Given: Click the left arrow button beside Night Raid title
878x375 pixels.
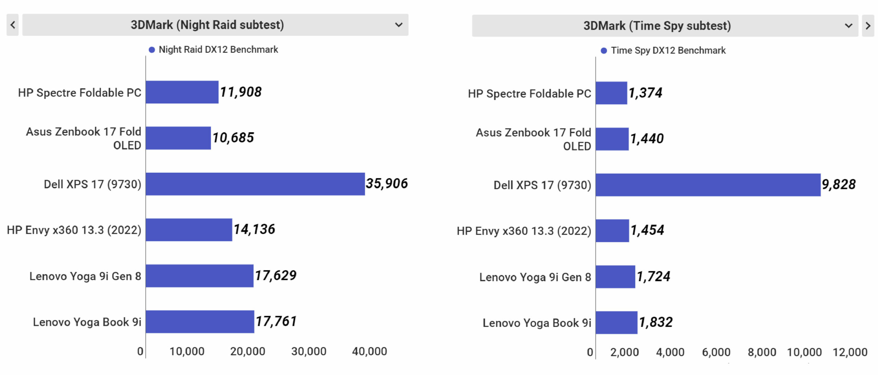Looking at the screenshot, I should point(13,25).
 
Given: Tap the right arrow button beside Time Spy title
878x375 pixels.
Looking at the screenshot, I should point(868,26).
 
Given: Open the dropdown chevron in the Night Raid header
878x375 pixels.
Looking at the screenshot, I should point(399,25).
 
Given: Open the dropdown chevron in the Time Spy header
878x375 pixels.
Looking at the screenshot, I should point(849,26).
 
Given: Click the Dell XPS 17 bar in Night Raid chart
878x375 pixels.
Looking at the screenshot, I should point(255,184).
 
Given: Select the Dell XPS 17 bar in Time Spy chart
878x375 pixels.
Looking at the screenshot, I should point(708,185).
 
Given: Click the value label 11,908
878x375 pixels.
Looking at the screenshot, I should point(241,92).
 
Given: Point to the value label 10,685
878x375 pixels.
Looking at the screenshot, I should point(233,138).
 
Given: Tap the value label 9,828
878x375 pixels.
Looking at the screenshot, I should point(839,184).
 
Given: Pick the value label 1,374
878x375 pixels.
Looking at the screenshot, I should point(645,93).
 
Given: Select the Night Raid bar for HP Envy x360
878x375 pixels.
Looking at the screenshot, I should point(189,230).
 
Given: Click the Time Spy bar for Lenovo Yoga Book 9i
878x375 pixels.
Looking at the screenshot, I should point(616,322).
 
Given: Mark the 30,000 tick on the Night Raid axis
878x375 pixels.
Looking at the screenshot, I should point(309,351).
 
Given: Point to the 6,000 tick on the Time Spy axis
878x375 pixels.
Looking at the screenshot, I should point(716,352).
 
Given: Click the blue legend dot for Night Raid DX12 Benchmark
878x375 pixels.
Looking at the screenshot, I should point(152,50).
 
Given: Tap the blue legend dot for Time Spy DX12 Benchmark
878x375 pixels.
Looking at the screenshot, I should point(604,51).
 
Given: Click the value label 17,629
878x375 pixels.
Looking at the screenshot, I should point(275,275).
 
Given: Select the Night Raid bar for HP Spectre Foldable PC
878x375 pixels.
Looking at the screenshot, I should point(182,92).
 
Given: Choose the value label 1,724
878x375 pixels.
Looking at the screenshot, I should point(653,276).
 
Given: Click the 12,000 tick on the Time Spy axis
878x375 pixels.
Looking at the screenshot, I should point(850,352).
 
